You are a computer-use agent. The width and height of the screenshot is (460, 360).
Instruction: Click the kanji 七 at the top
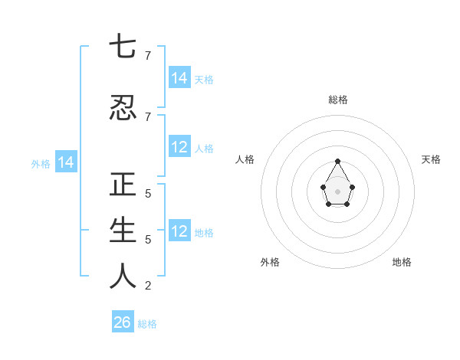click(x=123, y=47)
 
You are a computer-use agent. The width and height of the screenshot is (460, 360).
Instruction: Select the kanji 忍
click(x=123, y=108)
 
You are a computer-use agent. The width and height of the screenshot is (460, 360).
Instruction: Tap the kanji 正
click(x=123, y=185)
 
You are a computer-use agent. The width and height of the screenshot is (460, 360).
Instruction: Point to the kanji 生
click(x=123, y=231)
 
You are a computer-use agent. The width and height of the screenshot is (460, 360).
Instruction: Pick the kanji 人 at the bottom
click(x=123, y=277)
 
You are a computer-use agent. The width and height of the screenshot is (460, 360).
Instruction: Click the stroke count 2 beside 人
click(x=147, y=286)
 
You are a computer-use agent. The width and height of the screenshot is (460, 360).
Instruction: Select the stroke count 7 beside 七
click(x=147, y=56)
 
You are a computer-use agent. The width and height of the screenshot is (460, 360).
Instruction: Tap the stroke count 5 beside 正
click(x=147, y=194)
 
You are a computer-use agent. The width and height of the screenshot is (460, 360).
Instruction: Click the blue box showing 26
click(x=123, y=322)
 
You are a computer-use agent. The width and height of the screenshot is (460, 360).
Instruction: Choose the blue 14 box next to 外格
click(x=65, y=162)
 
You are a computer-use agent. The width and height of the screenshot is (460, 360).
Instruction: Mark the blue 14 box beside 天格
click(x=179, y=78)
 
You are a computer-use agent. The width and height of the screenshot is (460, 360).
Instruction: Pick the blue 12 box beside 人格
click(x=179, y=147)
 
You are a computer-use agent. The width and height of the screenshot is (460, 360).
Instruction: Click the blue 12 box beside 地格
click(x=179, y=231)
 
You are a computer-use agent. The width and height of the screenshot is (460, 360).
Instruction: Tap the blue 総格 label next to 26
click(x=147, y=324)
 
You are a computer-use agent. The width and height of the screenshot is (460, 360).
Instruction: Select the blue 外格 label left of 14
click(x=41, y=163)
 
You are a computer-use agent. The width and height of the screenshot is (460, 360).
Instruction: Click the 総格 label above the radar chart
click(x=337, y=100)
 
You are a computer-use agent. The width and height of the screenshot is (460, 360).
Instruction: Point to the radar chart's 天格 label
click(x=431, y=159)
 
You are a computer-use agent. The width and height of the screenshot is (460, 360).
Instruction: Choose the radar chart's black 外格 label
click(x=270, y=262)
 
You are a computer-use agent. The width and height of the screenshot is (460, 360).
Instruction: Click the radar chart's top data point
click(x=337, y=161)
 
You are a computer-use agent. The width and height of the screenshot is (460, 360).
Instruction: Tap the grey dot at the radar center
click(x=337, y=191)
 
